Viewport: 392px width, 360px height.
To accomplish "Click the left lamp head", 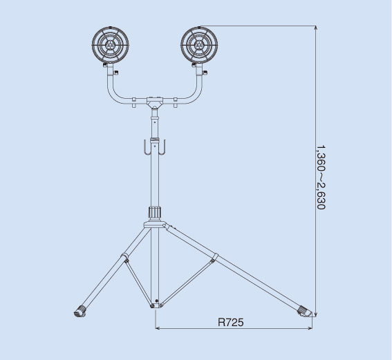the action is click(x=110, y=45).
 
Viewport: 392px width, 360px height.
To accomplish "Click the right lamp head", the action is click(x=199, y=45).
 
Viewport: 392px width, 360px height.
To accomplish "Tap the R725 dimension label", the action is click(x=230, y=322).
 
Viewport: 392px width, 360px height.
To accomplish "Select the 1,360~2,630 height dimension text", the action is click(x=321, y=178).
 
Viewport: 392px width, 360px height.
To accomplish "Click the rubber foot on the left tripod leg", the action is click(x=80, y=311).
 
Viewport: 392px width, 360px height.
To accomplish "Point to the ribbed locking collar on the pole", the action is click(x=155, y=213).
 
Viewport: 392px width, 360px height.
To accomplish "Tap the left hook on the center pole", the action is click(x=147, y=148).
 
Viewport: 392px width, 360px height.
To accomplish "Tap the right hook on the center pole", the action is click(x=162, y=148).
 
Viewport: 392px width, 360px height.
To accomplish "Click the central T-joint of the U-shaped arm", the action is click(x=155, y=102).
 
